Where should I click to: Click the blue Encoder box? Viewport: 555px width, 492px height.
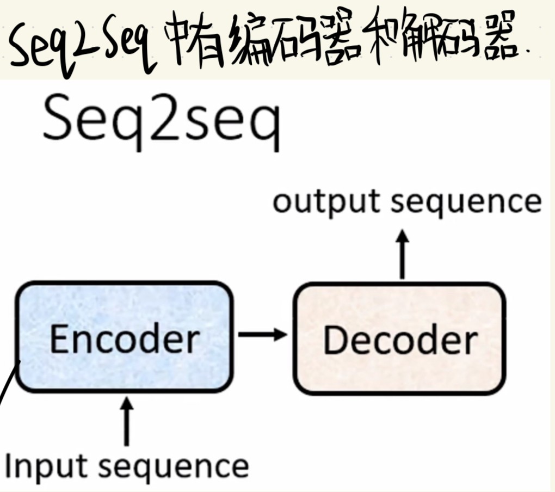pos(124,305)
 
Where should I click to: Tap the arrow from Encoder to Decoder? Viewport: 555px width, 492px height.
pos(262,334)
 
